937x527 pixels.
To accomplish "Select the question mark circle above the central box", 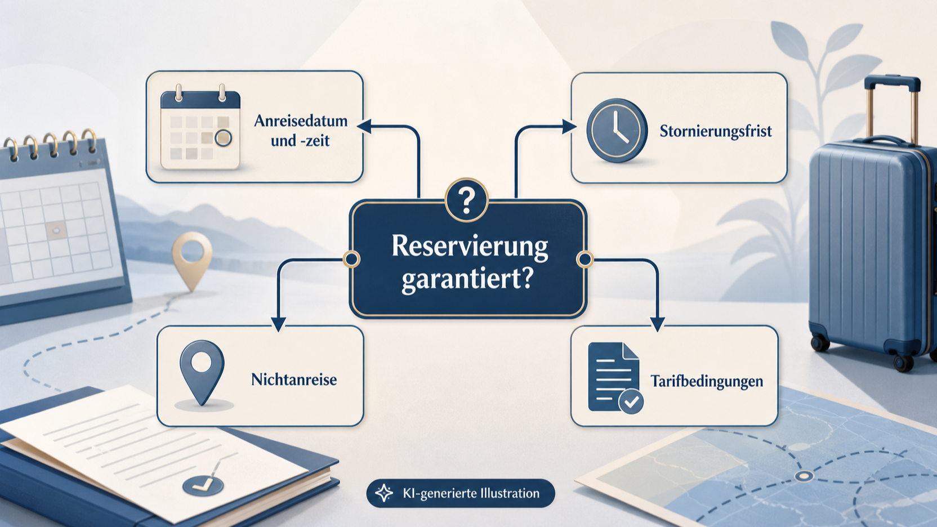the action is click(466, 201).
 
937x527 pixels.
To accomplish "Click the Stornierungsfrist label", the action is click(716, 131).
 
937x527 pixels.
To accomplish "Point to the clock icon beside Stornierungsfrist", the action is click(617, 130).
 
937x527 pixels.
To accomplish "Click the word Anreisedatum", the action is click(301, 121).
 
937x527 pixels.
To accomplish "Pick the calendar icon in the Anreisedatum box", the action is click(200, 127).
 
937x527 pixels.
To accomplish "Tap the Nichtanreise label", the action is click(294, 379).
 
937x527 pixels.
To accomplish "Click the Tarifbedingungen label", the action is click(707, 381).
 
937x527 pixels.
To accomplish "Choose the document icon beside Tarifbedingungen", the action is click(615, 377).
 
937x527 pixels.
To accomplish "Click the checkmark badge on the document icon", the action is click(631, 402).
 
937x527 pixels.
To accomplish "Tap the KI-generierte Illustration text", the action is click(471, 494).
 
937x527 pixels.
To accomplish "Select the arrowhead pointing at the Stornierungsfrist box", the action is click(569, 127).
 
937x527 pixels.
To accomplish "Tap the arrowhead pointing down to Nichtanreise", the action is click(278, 324).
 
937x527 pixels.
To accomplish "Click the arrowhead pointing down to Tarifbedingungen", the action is click(657, 324).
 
